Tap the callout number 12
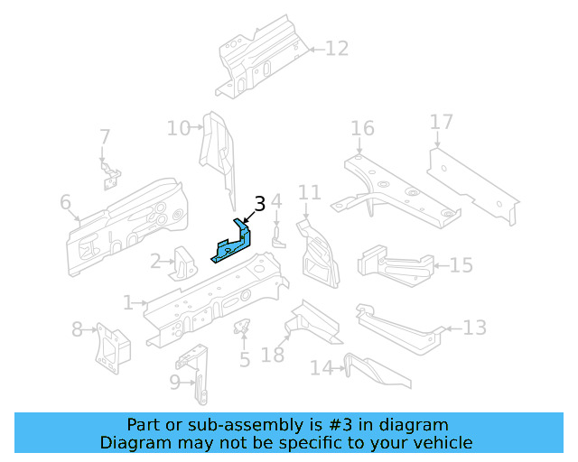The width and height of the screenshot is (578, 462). click(336, 49)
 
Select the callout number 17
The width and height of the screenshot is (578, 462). click(441, 122)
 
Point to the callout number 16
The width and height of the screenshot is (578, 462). click(362, 129)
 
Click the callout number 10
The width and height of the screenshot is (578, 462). click(178, 128)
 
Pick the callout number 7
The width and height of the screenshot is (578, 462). click(105, 137)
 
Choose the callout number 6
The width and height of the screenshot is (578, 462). click(66, 203)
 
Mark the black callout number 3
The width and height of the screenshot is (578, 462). click(260, 204)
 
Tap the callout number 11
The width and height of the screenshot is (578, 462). click(310, 192)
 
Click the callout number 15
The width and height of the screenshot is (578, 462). click(461, 265)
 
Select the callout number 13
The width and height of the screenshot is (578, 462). click(475, 328)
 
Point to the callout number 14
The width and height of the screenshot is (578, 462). click(322, 367)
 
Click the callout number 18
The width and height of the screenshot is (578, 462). click(273, 355)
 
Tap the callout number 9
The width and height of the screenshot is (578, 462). click(175, 382)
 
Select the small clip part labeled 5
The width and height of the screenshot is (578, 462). click(242, 326)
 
